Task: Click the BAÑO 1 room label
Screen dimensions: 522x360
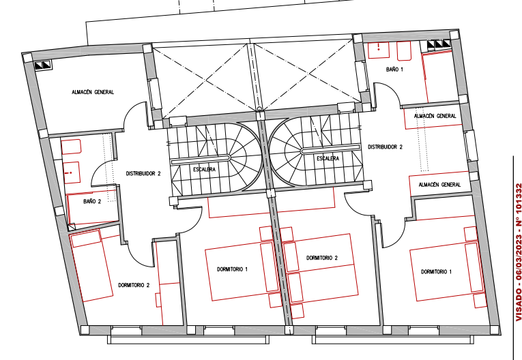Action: click(394, 70)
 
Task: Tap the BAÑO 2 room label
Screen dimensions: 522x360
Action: click(92, 201)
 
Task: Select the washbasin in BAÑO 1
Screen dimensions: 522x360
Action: click(379, 50)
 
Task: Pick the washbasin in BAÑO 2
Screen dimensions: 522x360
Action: click(71, 172)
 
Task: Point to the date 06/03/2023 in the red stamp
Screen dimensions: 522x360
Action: click(519, 258)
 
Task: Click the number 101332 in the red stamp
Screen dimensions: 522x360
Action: click(519, 200)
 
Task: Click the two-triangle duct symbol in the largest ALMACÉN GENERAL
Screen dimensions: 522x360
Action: click(43, 65)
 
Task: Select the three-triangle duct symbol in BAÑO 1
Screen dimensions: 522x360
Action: click(439, 44)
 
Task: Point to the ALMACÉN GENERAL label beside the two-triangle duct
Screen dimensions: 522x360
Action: click(93, 92)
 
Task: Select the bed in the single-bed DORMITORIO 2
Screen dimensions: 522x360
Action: click(91, 265)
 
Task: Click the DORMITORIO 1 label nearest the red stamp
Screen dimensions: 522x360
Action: click(436, 272)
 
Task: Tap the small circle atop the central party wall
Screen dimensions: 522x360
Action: click(259, 109)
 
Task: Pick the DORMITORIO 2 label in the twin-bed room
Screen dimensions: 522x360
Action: click(322, 258)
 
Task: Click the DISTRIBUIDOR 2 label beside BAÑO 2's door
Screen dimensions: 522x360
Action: click(143, 173)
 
